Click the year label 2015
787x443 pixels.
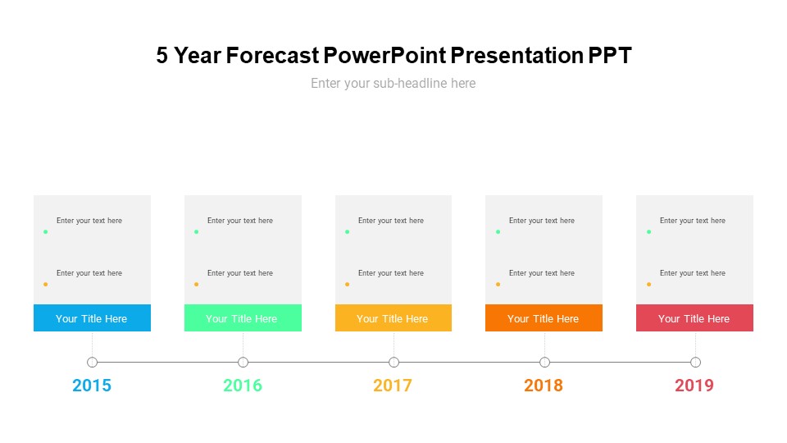92,386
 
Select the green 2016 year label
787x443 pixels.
243,386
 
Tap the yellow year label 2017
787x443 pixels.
393,386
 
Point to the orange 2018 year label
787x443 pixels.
544,386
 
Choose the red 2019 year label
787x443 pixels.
694,386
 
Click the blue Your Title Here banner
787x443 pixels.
92,318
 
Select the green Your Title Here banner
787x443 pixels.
243,318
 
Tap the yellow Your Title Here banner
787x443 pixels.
393,318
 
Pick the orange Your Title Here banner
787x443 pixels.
544,318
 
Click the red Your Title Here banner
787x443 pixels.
694,318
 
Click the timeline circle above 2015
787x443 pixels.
92,362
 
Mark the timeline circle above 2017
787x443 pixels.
393,362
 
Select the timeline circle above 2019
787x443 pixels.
695,362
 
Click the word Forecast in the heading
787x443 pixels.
272,56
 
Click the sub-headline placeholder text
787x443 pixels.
393,83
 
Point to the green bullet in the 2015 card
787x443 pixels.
45,232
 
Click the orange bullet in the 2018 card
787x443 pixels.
498,285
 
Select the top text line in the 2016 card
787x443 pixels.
240,221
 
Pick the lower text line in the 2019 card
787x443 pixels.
693,273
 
